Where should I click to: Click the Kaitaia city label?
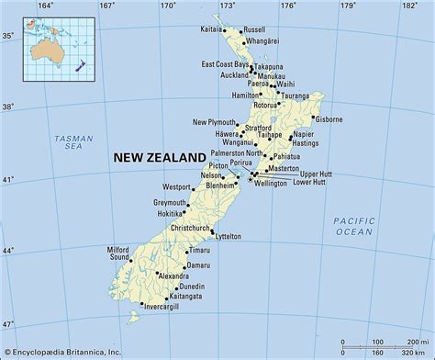coord(211,29)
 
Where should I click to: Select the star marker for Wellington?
coord(249,180)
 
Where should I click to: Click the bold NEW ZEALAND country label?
coord(156,158)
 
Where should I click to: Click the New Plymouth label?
coord(215,122)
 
